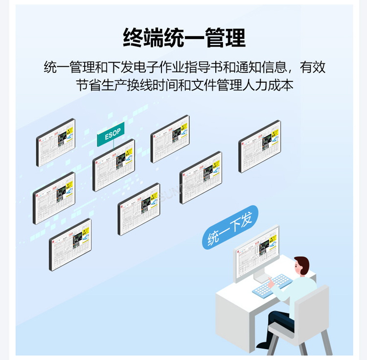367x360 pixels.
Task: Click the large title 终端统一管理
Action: tap(184, 37)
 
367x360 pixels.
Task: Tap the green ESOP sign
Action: tap(111, 134)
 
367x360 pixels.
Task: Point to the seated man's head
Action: tap(301, 267)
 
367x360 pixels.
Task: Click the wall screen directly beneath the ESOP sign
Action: tap(114, 165)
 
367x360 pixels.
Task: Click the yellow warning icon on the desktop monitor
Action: tap(273, 240)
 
